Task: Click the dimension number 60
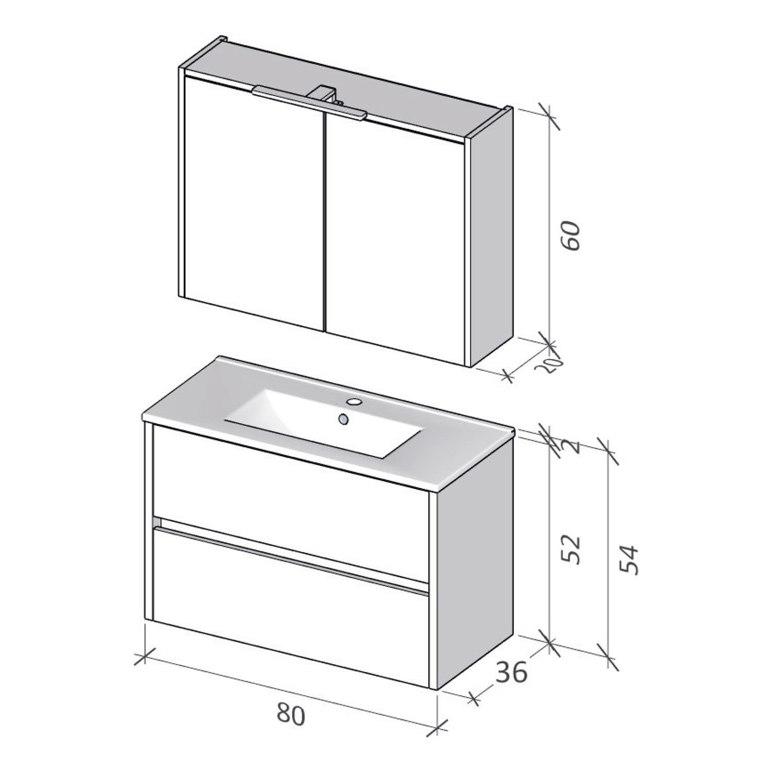572,236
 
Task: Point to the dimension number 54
629,559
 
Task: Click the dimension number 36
512,672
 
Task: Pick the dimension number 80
291,715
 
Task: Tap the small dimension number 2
576,447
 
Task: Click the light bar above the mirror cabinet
309,102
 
